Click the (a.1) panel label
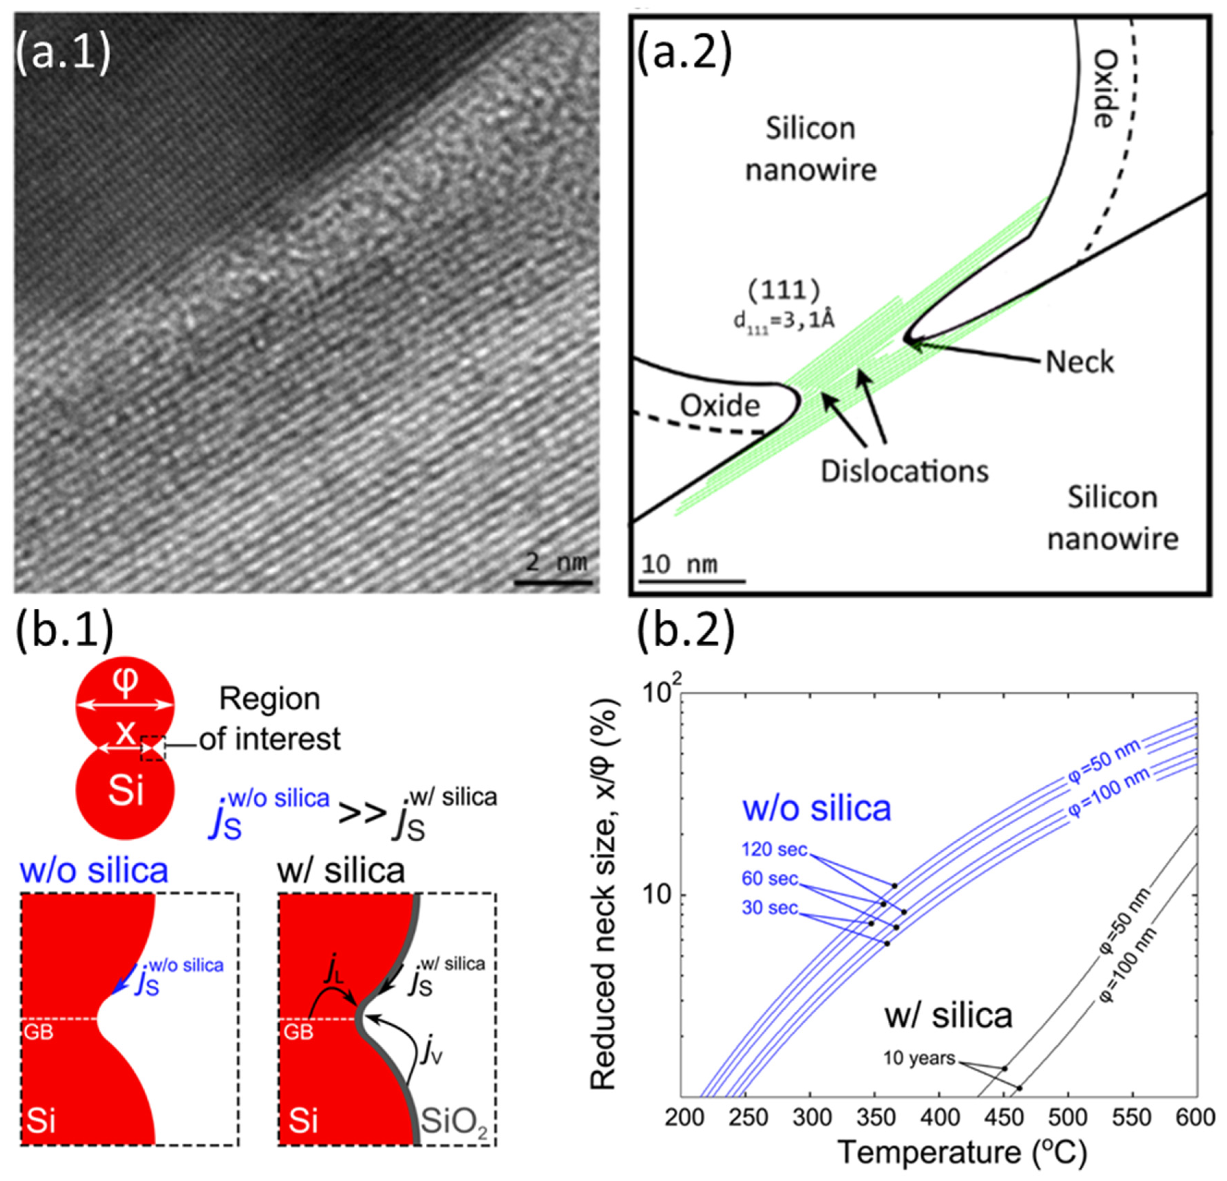(63, 51)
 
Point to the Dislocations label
(904, 471)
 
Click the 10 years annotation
(919, 1058)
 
